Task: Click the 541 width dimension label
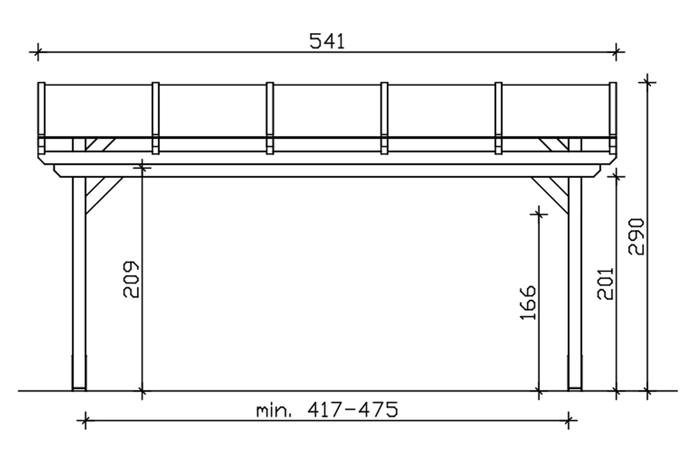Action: coord(327,41)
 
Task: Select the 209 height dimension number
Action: coord(131,279)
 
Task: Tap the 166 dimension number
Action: coord(528,303)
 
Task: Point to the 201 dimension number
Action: coord(606,284)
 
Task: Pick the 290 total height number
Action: coord(636,237)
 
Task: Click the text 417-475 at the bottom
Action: coord(353,410)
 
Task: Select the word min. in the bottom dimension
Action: coord(273,411)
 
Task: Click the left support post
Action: coord(79,284)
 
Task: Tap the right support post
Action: coord(575,284)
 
